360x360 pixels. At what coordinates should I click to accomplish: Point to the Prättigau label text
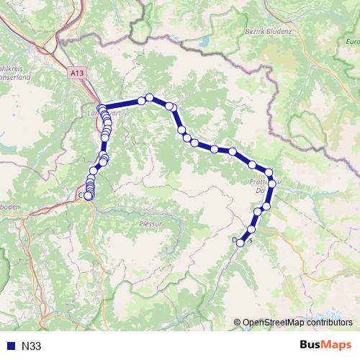(x=259, y=184)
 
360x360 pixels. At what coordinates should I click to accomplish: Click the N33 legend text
(x=32, y=346)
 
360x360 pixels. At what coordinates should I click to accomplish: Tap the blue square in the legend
(x=10, y=346)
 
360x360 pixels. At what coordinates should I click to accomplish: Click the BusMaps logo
(x=326, y=346)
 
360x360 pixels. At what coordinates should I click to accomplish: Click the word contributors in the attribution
(x=330, y=323)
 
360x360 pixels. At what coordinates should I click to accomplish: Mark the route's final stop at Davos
(x=240, y=243)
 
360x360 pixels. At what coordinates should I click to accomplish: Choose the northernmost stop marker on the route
(x=150, y=97)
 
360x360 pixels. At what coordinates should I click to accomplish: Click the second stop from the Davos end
(x=251, y=229)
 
